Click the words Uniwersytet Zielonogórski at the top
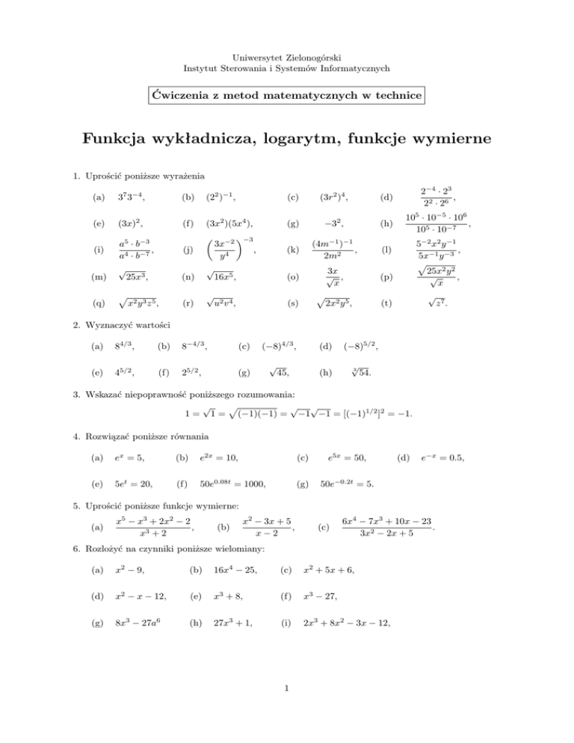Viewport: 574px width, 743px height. click(286, 57)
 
